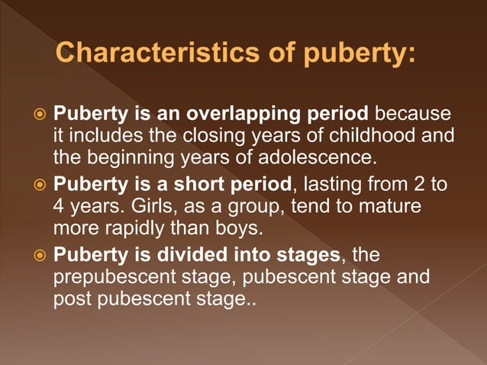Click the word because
click(x=411, y=116)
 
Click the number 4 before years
click(x=59, y=207)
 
